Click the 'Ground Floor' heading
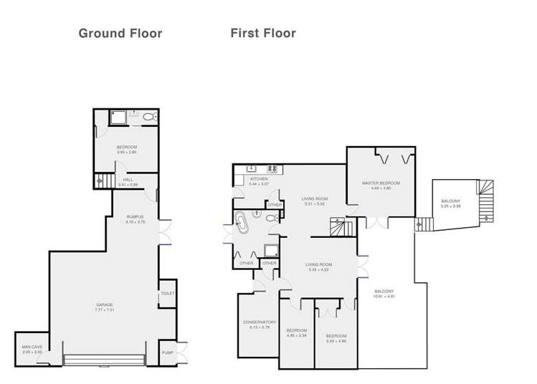pyautogui.click(x=120, y=33)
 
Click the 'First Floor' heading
pyautogui.click(x=262, y=33)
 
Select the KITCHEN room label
pyautogui.click(x=258, y=179)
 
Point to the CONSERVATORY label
pyautogui.click(x=259, y=323)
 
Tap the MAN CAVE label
pyautogui.click(x=32, y=348)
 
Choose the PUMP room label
pyautogui.click(x=167, y=352)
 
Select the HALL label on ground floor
pyautogui.click(x=128, y=181)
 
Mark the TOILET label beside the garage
pyautogui.click(x=167, y=294)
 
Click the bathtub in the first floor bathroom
pyautogui.click(x=242, y=224)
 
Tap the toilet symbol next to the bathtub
pyautogui.click(x=269, y=219)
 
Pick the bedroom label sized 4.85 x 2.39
pyautogui.click(x=296, y=335)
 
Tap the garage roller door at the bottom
pyautogui.click(x=105, y=356)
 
